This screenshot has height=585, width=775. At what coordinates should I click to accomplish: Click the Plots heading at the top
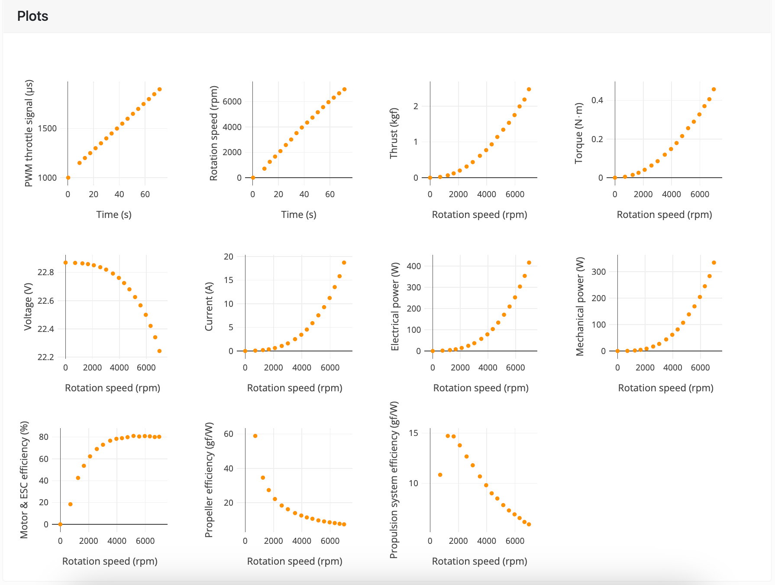pos(32,16)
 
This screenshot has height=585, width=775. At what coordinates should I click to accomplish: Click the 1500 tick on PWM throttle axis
pos(47,128)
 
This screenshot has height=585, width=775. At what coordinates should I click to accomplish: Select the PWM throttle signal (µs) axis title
pos(29,133)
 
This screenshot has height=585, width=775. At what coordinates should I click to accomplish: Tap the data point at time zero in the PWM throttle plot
pos(68,178)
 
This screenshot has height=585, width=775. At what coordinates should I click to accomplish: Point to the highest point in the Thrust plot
pos(529,89)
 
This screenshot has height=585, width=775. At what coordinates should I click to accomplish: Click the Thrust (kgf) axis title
pos(393,133)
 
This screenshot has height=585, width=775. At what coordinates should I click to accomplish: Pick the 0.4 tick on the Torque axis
pos(597,101)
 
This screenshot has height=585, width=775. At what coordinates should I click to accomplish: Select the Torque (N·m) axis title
pos(578,133)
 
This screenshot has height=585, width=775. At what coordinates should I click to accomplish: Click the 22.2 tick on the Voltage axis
pos(45,357)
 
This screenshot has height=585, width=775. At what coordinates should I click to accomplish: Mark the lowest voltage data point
pos(159,351)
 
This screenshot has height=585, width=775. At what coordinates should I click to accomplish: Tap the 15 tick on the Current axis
pos(228,280)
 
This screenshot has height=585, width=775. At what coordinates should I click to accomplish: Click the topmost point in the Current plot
pos(344,263)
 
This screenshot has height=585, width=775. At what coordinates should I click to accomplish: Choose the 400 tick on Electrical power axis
pos(414,266)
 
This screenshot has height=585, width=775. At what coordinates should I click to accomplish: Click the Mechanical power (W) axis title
pos(580,306)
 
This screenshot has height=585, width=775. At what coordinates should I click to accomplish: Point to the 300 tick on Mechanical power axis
pos(598,272)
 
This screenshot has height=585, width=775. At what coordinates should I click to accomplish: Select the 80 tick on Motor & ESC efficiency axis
pos(44,437)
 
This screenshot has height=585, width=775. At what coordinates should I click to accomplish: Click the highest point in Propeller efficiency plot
pos(255,436)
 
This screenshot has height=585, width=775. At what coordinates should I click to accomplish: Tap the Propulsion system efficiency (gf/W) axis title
pos(393,480)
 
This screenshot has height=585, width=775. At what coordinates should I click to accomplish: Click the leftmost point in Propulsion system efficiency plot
pos(440,475)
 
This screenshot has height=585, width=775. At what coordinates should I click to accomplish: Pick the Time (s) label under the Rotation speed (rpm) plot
pos(298,214)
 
